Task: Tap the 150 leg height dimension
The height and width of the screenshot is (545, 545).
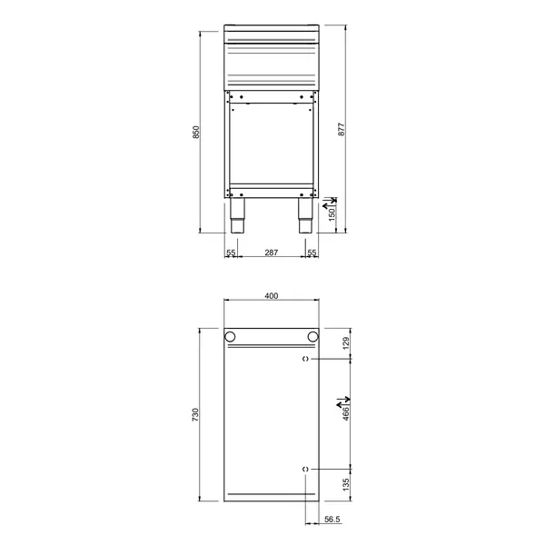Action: point(332,214)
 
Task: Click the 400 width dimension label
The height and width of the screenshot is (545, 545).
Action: point(271,295)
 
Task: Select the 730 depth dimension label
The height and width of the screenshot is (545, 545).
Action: point(194,414)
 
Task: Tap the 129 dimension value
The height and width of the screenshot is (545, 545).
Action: point(346,343)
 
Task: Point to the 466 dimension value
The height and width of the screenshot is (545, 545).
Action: point(346,414)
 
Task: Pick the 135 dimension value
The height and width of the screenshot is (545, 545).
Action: point(346,484)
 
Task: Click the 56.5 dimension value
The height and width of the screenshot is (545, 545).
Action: point(332,520)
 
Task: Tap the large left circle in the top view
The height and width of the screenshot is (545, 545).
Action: point(230,337)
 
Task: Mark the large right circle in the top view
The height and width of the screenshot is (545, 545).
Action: point(313,337)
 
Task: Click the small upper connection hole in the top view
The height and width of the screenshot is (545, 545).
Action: point(305,360)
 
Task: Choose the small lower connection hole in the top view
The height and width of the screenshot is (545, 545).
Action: point(305,468)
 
